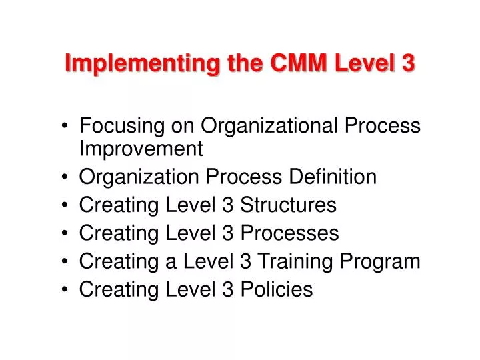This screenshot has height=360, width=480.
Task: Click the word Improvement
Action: click(x=141, y=149)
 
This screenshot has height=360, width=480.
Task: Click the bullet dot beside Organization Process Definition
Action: click(x=68, y=178)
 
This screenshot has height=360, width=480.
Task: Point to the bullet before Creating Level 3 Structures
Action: click(x=68, y=206)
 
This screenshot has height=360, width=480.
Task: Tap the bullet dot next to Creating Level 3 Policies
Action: click(x=68, y=291)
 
